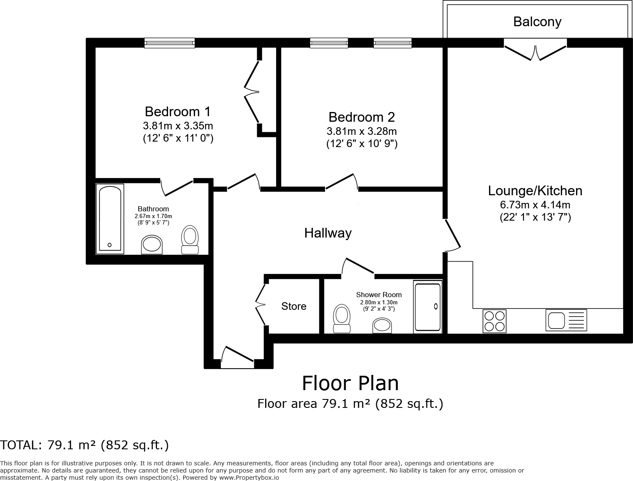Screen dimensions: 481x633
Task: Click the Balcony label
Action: tap(537, 22)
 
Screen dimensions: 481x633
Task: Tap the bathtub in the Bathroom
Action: tap(110, 219)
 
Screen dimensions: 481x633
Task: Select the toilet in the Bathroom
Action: tap(190, 240)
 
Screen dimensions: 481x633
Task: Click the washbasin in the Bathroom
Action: tap(152, 245)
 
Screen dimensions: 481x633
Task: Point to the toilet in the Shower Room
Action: tap(342, 320)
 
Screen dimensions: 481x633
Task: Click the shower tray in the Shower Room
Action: tap(427, 307)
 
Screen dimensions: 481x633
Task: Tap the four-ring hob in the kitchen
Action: tap(494, 321)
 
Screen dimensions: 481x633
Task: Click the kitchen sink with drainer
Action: tap(566, 320)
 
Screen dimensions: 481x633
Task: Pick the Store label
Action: tap(293, 306)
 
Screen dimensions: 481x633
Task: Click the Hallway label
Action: tap(328, 233)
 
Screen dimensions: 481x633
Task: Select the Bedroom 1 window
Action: tap(169, 42)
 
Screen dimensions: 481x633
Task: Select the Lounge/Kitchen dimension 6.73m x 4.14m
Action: tap(535, 205)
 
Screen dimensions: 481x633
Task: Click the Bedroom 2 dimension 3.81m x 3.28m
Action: tap(361, 131)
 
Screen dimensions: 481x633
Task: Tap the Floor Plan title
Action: tap(350, 383)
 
